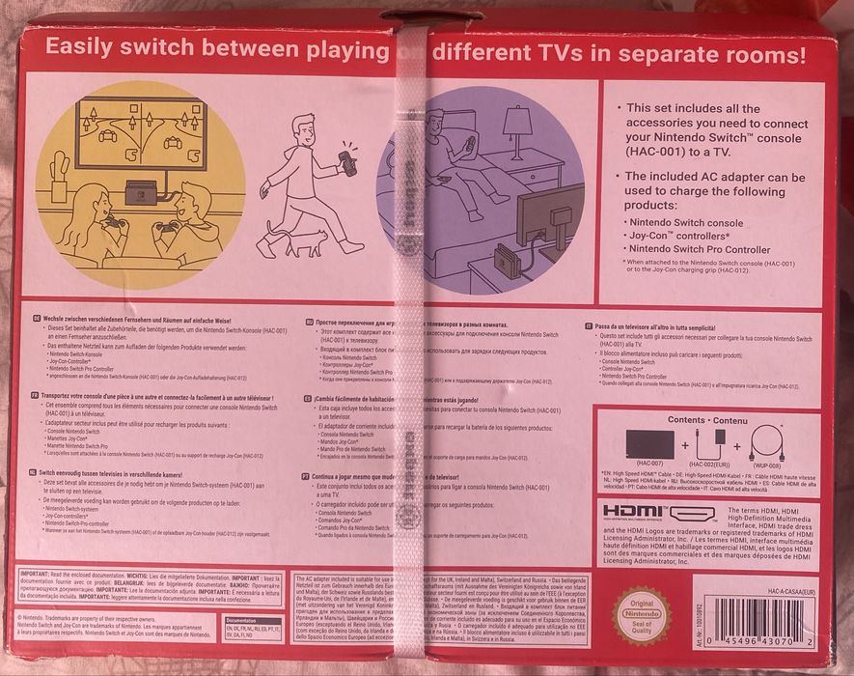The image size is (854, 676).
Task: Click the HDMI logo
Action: (659, 513)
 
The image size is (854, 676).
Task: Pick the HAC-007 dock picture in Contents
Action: (649, 445)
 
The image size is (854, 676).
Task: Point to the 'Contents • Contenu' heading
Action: (713, 420)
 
